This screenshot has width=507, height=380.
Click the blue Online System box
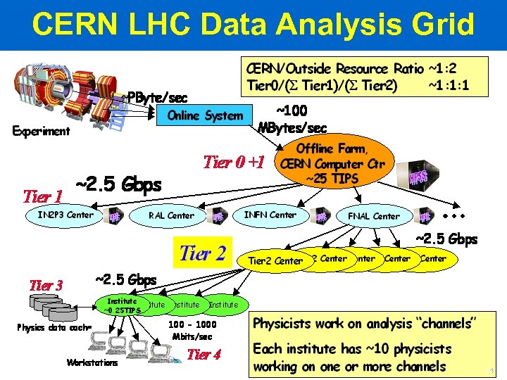point(204,115)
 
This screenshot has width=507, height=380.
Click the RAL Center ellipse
point(171,215)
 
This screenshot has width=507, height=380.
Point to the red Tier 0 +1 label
point(233,162)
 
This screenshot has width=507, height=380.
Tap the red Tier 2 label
point(203,253)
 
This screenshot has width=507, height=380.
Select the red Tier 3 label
point(46,285)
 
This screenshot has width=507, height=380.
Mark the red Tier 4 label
point(204,354)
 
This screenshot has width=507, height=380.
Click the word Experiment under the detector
point(41,131)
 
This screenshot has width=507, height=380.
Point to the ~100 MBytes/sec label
point(292,120)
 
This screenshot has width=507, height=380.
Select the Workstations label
point(92,363)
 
